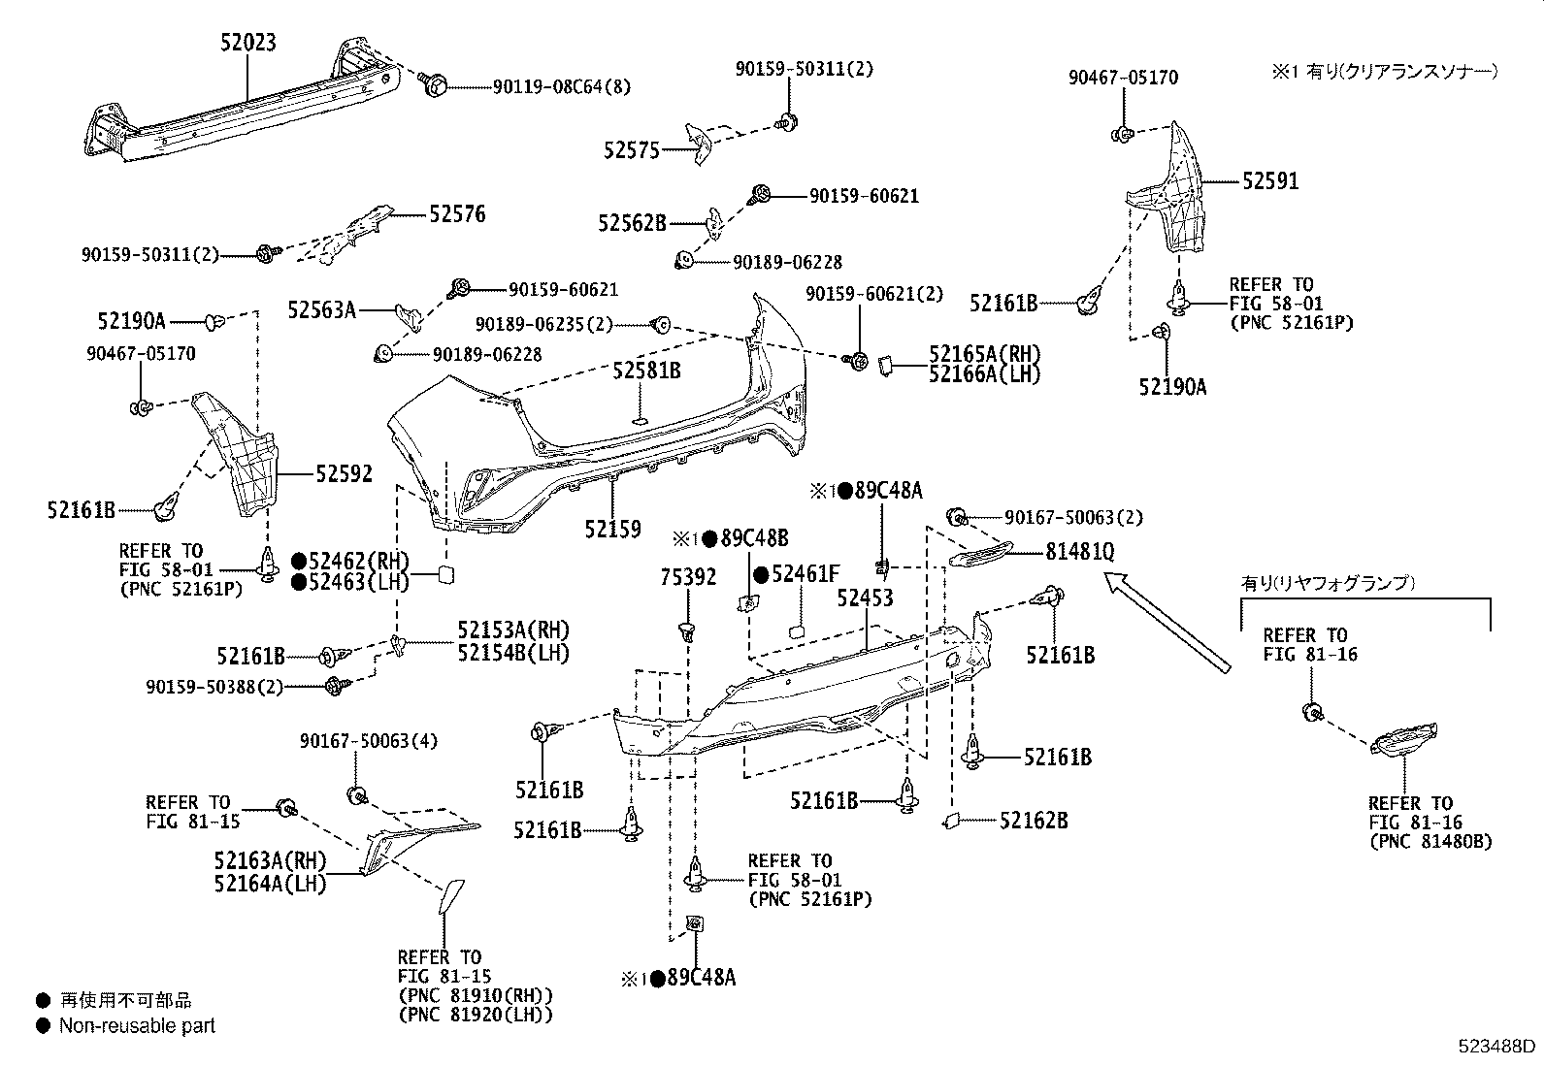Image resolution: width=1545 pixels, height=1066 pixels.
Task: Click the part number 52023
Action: (247, 43)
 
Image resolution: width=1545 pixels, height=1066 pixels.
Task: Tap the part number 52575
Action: (631, 150)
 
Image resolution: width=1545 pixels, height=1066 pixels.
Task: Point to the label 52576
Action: (457, 214)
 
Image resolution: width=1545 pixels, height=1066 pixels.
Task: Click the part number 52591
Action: (1270, 181)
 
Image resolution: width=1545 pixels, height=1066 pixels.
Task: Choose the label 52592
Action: (344, 474)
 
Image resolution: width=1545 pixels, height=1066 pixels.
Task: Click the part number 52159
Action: (612, 530)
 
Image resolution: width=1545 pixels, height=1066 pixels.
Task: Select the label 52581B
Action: (645, 371)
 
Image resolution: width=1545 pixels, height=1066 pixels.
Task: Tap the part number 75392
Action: (688, 578)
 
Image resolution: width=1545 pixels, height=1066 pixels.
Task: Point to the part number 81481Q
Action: (1079, 552)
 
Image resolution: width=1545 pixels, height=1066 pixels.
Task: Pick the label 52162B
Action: (1034, 821)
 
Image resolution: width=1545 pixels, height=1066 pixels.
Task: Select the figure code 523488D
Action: (1498, 1047)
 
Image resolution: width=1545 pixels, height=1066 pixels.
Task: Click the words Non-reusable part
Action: (137, 1025)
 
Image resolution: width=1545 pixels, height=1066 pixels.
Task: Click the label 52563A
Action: (321, 310)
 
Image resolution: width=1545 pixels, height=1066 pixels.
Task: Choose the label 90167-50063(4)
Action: (369, 742)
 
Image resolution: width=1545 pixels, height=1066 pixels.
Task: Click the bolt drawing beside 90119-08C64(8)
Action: (435, 85)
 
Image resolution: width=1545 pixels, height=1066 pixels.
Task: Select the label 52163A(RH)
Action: (270, 861)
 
